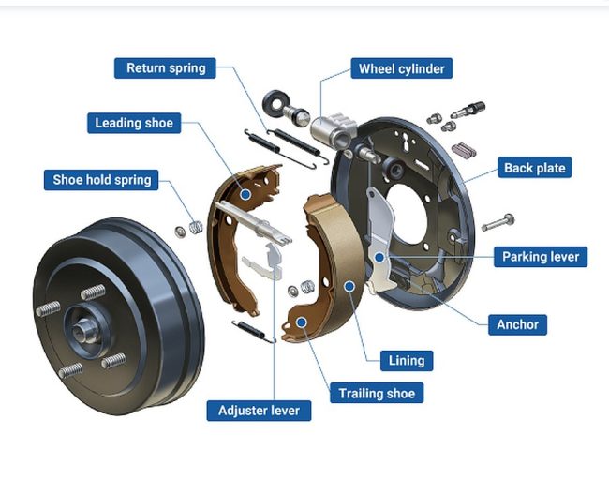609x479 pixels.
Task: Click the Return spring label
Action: tap(165, 68)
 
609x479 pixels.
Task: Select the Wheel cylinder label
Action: tap(402, 68)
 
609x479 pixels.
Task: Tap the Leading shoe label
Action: tap(134, 123)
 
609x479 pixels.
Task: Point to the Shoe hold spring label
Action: tap(101, 180)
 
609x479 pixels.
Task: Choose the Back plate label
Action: tap(535, 168)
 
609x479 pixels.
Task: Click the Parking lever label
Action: tap(541, 257)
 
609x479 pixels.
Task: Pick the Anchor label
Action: tap(517, 324)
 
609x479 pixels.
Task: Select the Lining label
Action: tap(407, 361)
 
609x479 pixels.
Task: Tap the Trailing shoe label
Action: tap(377, 393)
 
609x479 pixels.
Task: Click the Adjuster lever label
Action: tap(259, 411)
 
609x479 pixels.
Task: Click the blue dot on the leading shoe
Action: tap(245, 194)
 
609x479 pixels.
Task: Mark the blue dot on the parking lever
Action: tap(379, 257)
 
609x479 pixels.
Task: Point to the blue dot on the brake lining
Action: tap(349, 286)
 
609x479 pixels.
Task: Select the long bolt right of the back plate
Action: tap(498, 222)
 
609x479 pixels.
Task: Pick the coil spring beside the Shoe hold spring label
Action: tap(196, 227)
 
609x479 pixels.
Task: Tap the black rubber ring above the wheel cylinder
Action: tap(275, 102)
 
